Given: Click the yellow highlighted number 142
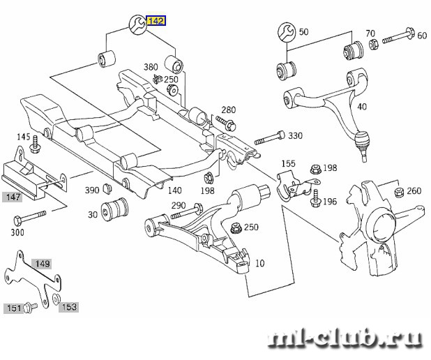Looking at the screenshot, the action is click(156, 21).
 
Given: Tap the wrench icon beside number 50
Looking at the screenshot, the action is click(287, 33).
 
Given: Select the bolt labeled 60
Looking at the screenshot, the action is click(398, 36).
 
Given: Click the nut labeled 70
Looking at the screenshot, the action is click(372, 45).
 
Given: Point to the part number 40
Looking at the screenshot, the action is click(362, 107).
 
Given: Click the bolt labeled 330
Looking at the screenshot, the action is click(269, 138).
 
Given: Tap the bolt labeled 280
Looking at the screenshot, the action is click(226, 123).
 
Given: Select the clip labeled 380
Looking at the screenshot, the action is click(158, 79).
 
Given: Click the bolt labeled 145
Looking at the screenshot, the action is click(35, 144).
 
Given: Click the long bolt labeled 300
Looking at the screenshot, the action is click(29, 218).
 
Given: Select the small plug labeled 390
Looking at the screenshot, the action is click(107, 188).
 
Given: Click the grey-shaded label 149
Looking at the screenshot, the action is click(42, 264).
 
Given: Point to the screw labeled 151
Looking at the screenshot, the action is click(30, 307).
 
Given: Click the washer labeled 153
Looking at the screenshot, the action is click(56, 298).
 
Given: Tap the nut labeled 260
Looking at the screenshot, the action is click(399, 192).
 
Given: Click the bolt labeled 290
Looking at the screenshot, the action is click(187, 211).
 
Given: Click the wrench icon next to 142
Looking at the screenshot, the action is click(138, 24).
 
